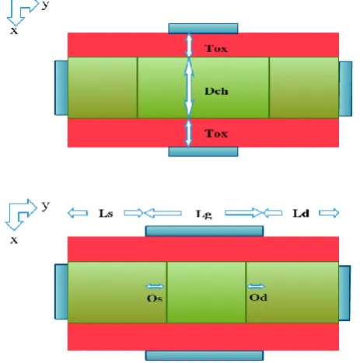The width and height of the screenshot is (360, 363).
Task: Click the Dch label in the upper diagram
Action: pyautogui.click(x=216, y=91)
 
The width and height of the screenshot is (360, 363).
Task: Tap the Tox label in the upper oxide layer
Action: pyautogui.click(x=216, y=48)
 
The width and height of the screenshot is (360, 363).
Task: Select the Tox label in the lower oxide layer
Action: pyautogui.click(x=216, y=134)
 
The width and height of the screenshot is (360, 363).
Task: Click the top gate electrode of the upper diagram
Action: pyautogui.click(x=203, y=29)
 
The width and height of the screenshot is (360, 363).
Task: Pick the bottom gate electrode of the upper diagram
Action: pyautogui.click(x=203, y=152)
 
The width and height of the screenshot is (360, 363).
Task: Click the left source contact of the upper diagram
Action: pyautogui.click(x=61, y=88)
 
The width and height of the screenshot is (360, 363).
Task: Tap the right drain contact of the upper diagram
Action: pyautogui.click(x=345, y=89)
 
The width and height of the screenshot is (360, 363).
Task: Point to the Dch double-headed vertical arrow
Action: pyautogui.click(x=189, y=88)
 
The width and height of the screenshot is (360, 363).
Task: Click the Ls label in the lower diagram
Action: pyautogui.click(x=106, y=213)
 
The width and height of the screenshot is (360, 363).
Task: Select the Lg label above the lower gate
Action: pyautogui.click(x=204, y=215)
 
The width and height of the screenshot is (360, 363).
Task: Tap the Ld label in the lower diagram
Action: pyautogui.click(x=301, y=213)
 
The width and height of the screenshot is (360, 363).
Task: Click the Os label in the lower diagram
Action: pyautogui.click(x=155, y=298)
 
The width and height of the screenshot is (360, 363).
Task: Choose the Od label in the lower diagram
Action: pyautogui.click(x=258, y=297)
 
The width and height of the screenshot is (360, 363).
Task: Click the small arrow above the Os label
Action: pyautogui.click(x=155, y=286)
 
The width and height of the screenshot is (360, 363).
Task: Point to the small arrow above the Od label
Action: pyautogui.click(x=256, y=286)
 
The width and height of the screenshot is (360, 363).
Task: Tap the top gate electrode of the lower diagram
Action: pyautogui.click(x=204, y=231)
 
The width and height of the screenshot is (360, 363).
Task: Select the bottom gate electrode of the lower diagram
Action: pyautogui.click(x=204, y=355)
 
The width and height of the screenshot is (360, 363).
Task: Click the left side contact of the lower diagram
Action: pyautogui.click(x=61, y=291)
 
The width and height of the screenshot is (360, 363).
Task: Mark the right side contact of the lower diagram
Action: pyautogui.click(x=344, y=293)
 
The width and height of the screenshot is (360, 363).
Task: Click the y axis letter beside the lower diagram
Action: pyautogui.click(x=45, y=206)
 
